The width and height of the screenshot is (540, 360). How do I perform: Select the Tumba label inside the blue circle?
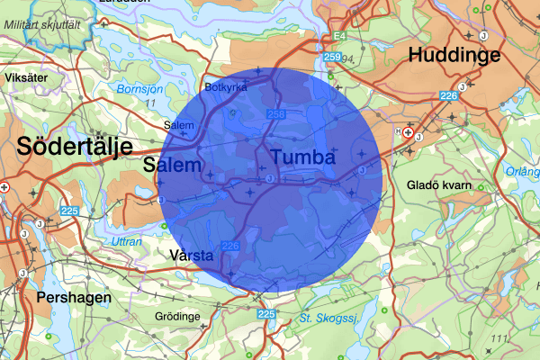click(302, 157)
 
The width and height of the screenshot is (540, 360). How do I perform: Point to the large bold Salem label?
click(172, 166)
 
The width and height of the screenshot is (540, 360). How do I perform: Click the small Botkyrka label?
click(225, 88)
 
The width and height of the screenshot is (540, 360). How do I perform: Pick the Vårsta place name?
click(191, 256)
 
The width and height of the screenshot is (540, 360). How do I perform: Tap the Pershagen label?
click(74, 297)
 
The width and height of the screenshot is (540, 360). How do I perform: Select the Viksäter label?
click(24, 78)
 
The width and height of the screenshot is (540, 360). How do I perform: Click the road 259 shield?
click(333, 58)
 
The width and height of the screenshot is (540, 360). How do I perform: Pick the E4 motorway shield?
click(338, 36)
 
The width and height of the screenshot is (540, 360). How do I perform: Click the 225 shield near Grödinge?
click(266, 314)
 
